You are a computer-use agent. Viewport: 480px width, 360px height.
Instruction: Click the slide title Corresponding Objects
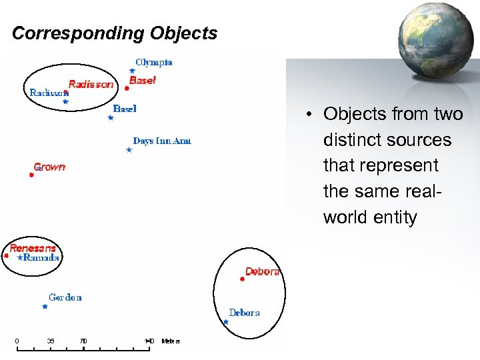click(115, 33)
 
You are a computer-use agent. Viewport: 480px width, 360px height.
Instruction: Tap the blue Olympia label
click(154, 63)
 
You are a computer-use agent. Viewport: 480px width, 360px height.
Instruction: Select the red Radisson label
click(91, 85)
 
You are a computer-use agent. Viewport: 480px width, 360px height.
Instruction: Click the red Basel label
click(142, 80)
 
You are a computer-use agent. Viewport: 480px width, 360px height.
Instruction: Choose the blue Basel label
click(125, 109)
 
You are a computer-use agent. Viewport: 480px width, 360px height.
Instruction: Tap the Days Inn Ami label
click(162, 141)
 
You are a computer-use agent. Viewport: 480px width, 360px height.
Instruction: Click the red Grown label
click(50, 167)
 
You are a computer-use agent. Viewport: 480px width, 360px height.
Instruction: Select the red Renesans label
click(33, 248)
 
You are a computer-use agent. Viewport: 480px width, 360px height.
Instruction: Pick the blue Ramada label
click(41, 257)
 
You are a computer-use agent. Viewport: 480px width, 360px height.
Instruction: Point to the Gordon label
click(65, 297)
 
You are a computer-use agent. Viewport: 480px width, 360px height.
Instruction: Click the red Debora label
click(262, 271)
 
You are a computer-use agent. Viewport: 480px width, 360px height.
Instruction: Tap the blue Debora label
click(244, 313)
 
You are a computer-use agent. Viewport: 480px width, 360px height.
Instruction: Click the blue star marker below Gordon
click(45, 307)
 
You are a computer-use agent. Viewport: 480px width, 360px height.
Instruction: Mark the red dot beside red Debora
click(242, 279)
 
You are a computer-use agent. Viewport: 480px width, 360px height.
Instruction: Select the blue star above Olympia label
click(132, 71)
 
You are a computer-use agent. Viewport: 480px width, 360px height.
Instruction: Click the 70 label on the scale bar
click(83, 341)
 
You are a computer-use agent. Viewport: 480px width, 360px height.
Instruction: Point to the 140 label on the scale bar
click(149, 341)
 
